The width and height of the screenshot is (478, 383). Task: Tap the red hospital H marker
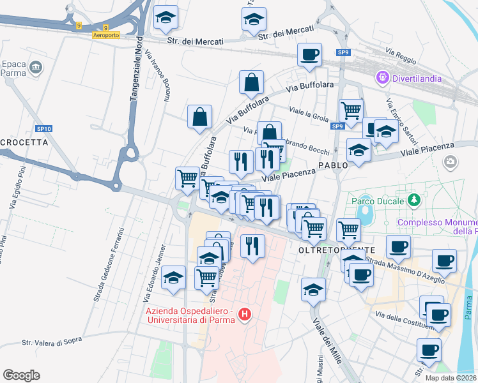(243, 314)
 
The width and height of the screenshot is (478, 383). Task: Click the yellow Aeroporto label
(105, 35)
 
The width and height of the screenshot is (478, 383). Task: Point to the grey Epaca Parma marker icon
(35, 67)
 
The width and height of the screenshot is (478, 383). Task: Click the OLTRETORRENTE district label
(336, 250)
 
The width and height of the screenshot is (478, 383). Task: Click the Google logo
(21, 375)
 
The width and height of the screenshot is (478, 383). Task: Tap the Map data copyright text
(451, 378)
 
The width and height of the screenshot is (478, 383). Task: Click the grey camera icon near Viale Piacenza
(451, 162)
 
